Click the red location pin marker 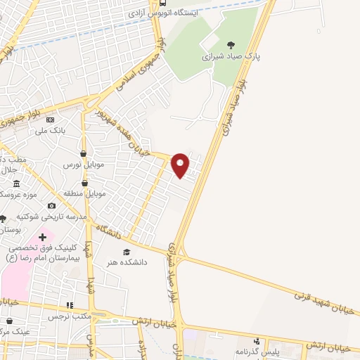(x=181, y=165)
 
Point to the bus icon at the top (x=162, y=4)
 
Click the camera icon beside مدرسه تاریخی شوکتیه (x=51, y=205)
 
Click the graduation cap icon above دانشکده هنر (x=127, y=252)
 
